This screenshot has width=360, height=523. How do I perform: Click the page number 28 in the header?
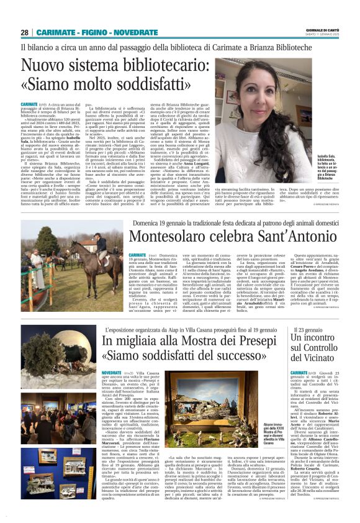pos(25,32)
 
